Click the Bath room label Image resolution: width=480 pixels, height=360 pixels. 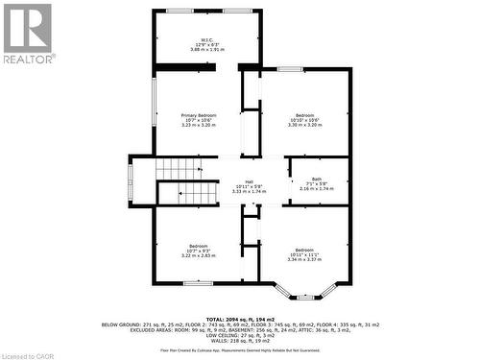[317, 180]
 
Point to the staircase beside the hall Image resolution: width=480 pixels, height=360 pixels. [180, 181]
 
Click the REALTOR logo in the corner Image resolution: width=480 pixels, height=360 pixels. [28, 33]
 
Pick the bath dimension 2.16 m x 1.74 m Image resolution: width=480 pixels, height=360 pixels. [317, 189]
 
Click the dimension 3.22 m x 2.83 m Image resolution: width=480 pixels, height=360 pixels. [199, 256]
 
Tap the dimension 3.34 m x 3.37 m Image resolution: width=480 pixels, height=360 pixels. [305, 259]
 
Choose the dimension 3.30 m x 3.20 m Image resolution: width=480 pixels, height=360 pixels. [305, 125]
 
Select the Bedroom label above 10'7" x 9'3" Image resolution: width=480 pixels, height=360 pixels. [199, 246]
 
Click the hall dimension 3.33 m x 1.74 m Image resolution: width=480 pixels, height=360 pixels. [249, 190]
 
